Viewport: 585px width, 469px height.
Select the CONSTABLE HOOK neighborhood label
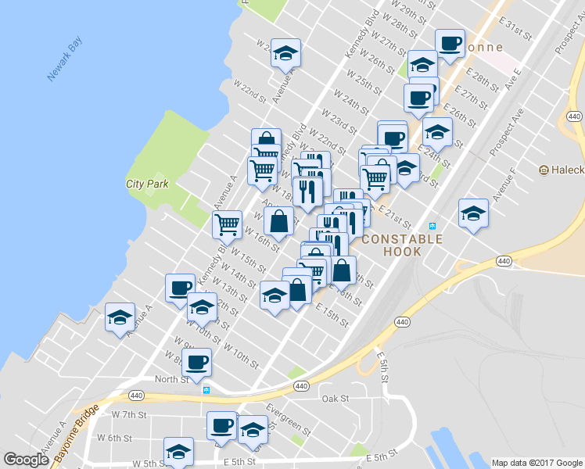[402, 245]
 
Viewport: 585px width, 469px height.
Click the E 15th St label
[332, 317]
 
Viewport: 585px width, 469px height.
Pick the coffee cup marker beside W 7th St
[222, 425]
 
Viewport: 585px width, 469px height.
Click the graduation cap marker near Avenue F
[473, 213]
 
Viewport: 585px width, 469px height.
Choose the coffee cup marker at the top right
[450, 44]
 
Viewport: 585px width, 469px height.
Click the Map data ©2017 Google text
[537, 463]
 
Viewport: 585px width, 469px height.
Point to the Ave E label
[512, 79]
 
